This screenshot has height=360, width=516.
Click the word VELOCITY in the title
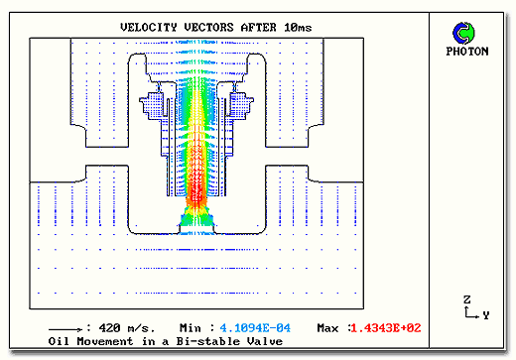coord(149,27)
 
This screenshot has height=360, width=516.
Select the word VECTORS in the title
coord(208,27)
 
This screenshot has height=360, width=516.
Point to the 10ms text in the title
coord(298,27)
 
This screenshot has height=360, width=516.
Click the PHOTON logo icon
coord(463,33)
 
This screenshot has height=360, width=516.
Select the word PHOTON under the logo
coord(467,52)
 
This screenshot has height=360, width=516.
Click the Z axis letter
coord(466,300)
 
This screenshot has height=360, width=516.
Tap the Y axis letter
coord(485,315)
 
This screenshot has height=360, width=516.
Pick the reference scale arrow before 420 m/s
coord(65,329)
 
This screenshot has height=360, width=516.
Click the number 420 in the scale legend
coord(109,328)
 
